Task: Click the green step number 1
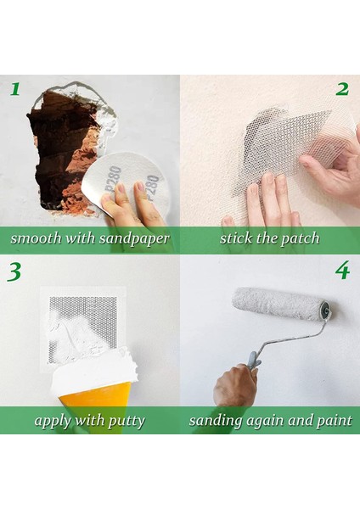click(x=15, y=89)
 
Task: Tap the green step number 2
click(x=342, y=89)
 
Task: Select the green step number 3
click(x=14, y=271)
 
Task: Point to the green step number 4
click(x=342, y=270)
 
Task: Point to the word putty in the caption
click(x=127, y=422)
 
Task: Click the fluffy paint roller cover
click(x=278, y=303)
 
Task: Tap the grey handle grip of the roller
click(x=254, y=361)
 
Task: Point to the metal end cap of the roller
click(x=325, y=310)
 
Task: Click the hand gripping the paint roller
click(x=234, y=385)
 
